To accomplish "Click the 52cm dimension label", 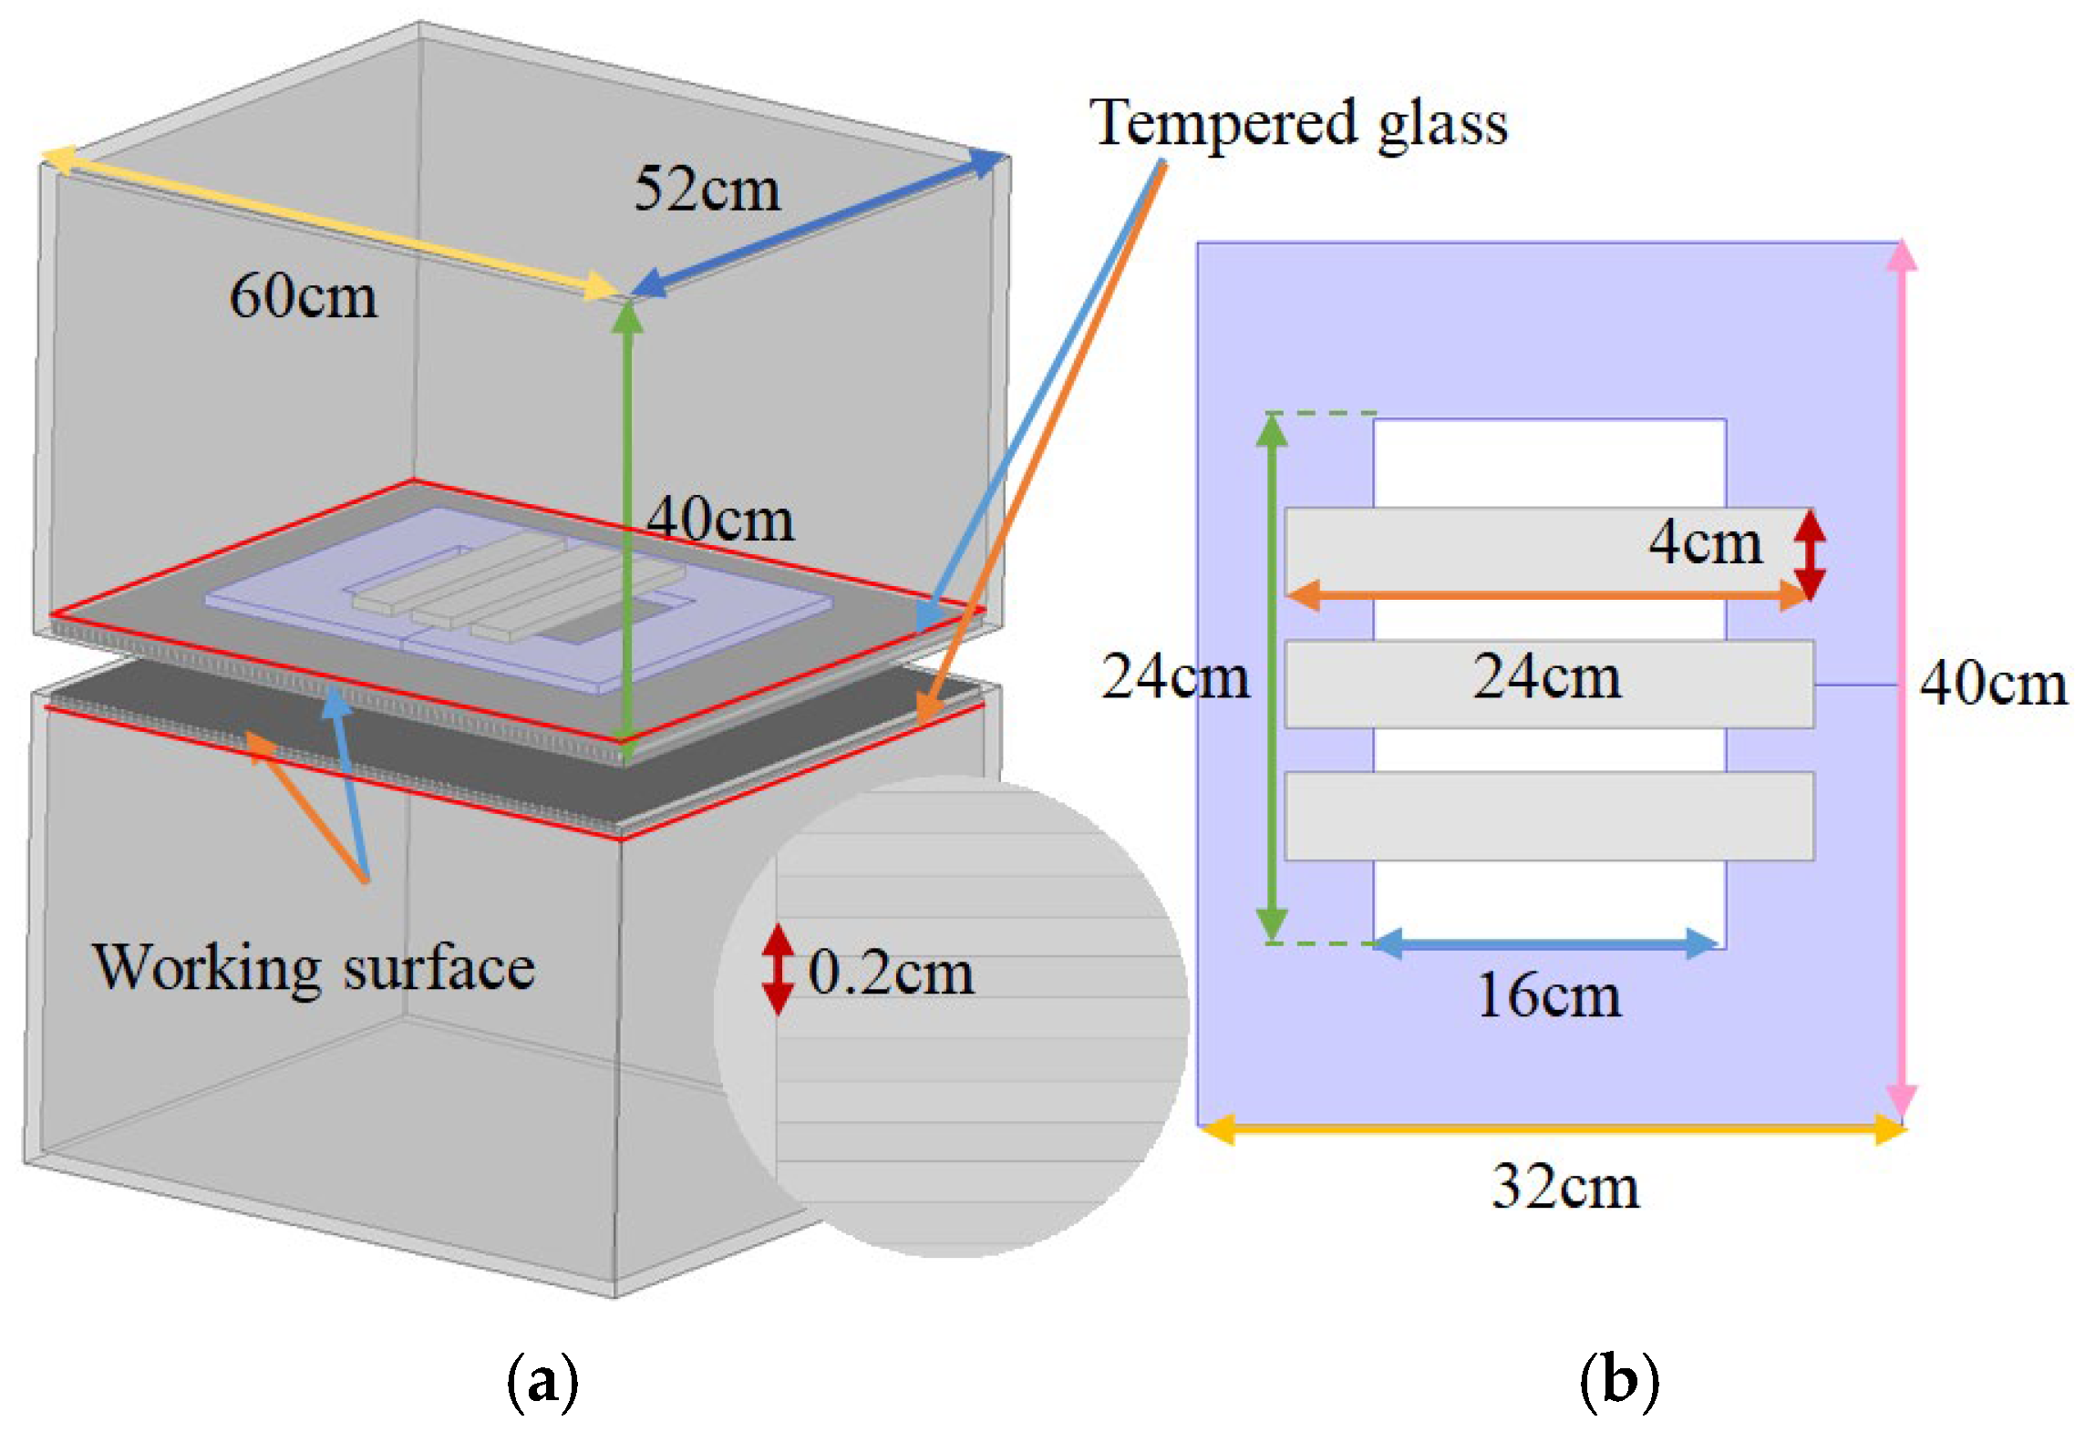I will click(707, 189).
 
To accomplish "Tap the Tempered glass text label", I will click(1298, 123).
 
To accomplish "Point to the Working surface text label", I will click(314, 968).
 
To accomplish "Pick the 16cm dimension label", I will click(1549, 994).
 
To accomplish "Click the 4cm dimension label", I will click(1705, 542).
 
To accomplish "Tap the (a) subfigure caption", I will click(542, 1381).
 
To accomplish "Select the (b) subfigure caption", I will click(1618, 1381).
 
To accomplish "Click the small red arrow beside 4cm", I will click(1810, 553).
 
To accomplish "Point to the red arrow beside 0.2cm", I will click(778, 970).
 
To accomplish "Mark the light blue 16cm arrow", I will click(1546, 943).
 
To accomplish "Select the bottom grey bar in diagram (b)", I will click(1549, 816).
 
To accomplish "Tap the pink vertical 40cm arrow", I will click(1901, 679).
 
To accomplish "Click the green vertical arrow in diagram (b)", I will click(1272, 678).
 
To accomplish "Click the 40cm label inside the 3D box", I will click(719, 520).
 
